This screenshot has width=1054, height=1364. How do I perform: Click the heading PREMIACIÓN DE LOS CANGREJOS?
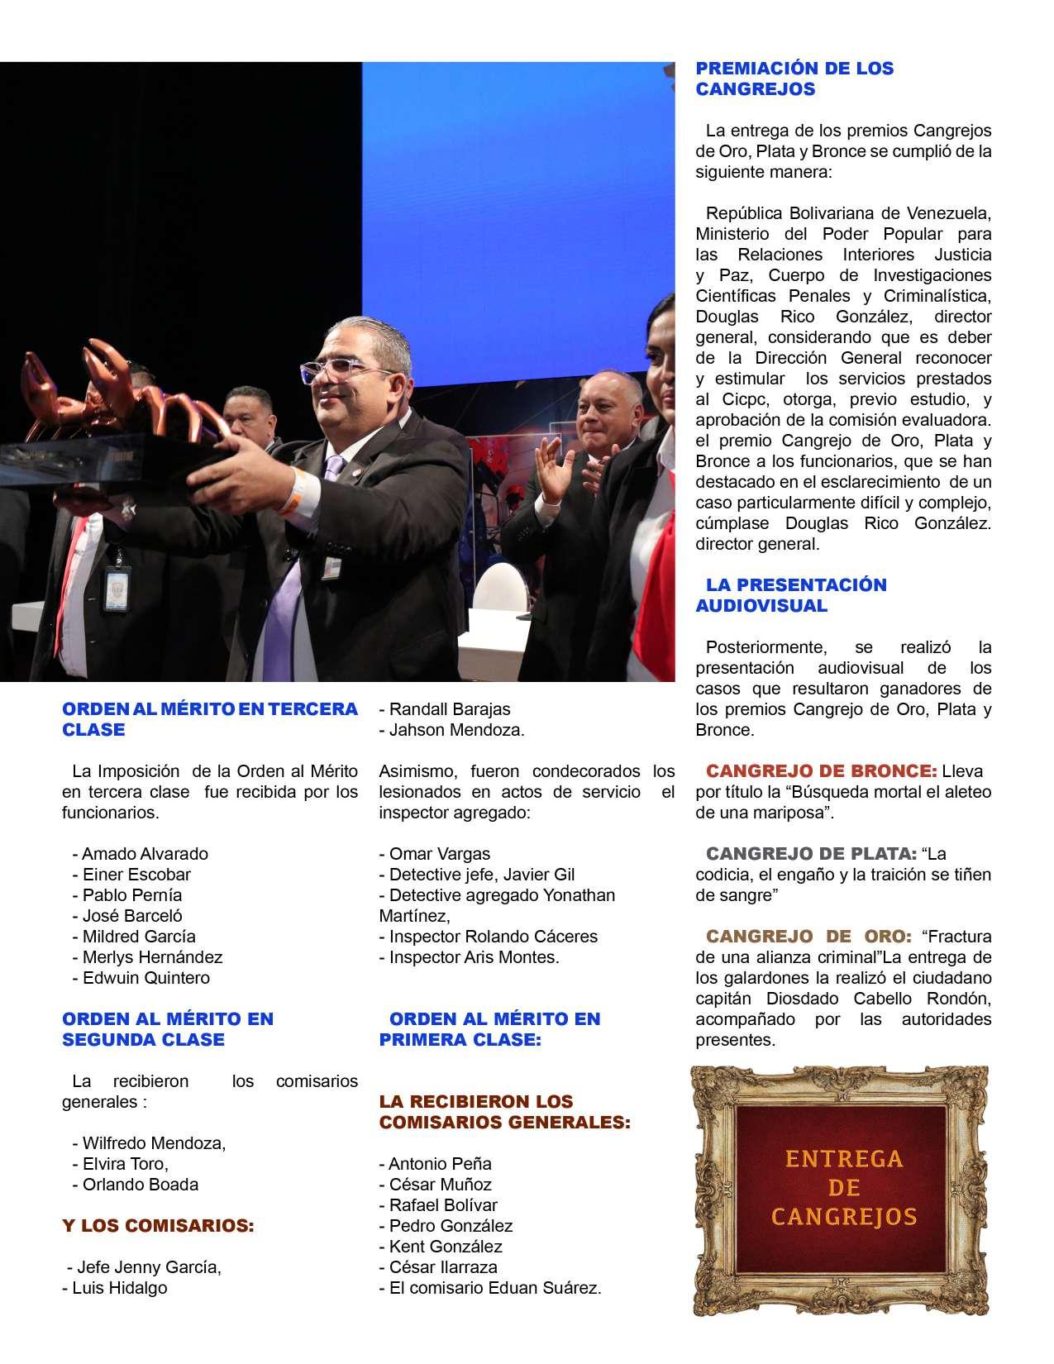click(794, 79)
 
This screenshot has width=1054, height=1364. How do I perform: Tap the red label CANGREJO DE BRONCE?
click(821, 771)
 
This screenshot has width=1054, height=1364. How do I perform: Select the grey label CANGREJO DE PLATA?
click(810, 853)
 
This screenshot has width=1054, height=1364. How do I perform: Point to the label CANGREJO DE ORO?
click(808, 937)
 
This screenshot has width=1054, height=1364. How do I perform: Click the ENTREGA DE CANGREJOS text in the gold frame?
click(843, 1188)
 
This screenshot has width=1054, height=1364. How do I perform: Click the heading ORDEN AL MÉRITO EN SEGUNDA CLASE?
click(167, 1029)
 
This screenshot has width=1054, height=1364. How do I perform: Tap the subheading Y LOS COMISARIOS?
click(158, 1226)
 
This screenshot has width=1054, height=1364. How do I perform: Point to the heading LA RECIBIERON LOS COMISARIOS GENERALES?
click(504, 1112)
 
